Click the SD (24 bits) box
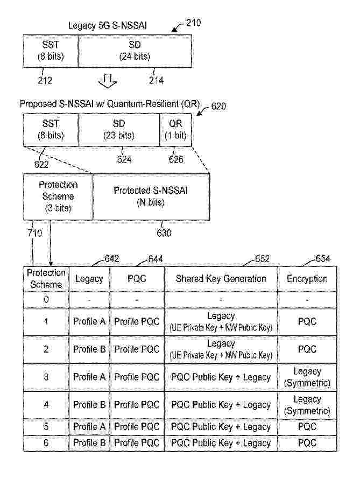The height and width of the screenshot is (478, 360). [x=135, y=51]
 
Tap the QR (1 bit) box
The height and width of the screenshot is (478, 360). [x=175, y=130]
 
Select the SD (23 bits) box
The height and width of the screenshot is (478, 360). [x=119, y=130]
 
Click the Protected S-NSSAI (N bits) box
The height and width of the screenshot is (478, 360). [x=151, y=196]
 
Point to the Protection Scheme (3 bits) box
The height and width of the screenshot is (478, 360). [x=58, y=196]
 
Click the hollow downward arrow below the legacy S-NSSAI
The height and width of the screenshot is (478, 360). [x=108, y=81]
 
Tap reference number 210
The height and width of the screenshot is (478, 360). [x=193, y=23]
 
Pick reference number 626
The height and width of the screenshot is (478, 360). [x=176, y=159]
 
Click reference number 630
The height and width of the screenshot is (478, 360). [x=164, y=233]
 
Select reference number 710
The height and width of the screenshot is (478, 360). [x=35, y=233]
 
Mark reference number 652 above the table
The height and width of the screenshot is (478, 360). [x=262, y=259]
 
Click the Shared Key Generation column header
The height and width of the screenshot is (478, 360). [x=221, y=279]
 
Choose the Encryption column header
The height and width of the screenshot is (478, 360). [x=307, y=279]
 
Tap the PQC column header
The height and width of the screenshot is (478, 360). [x=137, y=279]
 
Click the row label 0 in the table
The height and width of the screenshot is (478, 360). [x=46, y=299]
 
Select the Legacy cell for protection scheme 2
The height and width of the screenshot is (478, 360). [x=89, y=349]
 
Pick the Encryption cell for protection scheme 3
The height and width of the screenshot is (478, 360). [x=307, y=377]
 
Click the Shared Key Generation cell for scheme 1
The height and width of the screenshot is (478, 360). [x=221, y=321]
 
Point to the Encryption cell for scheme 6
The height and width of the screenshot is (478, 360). [x=307, y=443]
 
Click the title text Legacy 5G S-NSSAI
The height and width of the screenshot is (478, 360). [x=108, y=26]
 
